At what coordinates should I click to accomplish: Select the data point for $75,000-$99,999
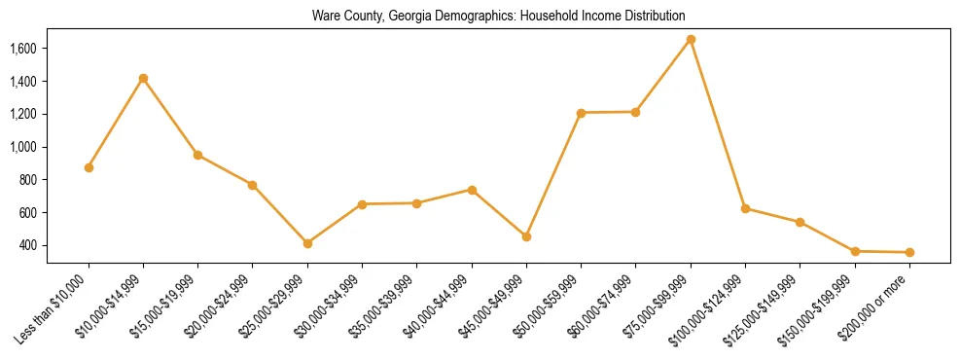[691, 39]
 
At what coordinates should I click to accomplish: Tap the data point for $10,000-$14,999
[143, 78]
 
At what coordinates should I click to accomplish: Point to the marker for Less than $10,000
[89, 167]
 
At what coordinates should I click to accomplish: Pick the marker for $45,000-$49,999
[526, 236]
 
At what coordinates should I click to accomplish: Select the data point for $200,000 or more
[909, 253]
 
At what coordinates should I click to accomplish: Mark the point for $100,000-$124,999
[745, 208]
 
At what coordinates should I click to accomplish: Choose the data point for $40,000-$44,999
[472, 190]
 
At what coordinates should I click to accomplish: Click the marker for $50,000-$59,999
[581, 113]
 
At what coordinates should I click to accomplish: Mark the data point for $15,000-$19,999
[198, 155]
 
